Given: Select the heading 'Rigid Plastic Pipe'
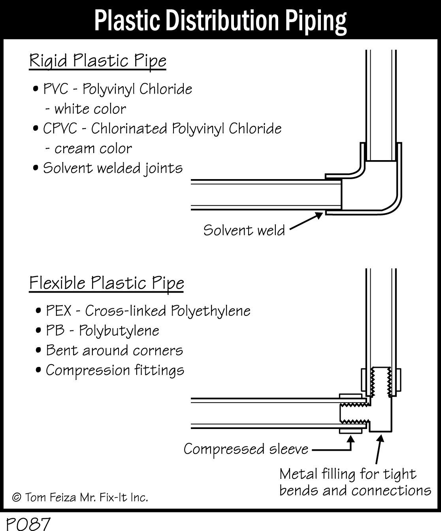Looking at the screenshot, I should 98,61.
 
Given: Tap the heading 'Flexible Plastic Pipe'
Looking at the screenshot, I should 106,283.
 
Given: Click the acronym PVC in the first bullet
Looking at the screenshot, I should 56,89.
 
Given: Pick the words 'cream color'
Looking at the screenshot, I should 93,149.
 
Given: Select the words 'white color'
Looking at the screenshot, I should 90,109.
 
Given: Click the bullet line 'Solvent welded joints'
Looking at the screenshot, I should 113,168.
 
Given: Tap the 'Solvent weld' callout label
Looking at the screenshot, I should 244,230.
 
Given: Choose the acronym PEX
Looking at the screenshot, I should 59,311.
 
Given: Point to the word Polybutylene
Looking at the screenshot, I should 119,331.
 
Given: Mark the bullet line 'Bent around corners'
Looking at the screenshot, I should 114,350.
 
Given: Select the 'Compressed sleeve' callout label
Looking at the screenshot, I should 246,449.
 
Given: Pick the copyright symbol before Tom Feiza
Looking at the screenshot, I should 17,497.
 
